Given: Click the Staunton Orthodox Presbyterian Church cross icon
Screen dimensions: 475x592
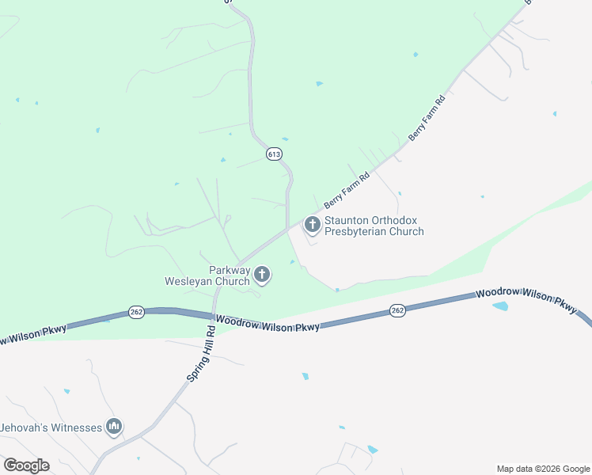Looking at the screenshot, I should click(x=313, y=226).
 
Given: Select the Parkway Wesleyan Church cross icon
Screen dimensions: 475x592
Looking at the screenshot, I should click(x=262, y=275).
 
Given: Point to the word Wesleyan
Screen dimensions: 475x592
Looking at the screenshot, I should click(x=190, y=281).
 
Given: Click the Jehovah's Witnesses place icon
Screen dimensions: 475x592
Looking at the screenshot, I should click(x=114, y=427).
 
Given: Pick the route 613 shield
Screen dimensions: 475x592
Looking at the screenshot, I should click(x=274, y=154).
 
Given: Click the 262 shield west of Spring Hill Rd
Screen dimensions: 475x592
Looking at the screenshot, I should click(x=135, y=313).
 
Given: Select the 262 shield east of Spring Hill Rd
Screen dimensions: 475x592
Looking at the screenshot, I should click(x=397, y=311).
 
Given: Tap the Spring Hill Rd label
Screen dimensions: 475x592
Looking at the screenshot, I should click(x=200, y=353).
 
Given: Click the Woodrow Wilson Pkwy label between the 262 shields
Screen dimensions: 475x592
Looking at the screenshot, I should click(x=268, y=323).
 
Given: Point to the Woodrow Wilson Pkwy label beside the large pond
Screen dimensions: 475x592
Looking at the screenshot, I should click(x=526, y=299).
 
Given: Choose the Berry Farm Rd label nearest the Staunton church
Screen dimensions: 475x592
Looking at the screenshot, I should click(x=347, y=192).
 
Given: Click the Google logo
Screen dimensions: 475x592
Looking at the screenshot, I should click(x=26, y=465).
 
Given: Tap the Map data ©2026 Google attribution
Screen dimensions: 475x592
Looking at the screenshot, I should click(x=543, y=469).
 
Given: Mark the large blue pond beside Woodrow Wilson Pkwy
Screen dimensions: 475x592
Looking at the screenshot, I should click(x=500, y=306).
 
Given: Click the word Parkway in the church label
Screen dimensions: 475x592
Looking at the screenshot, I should click(x=230, y=270).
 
